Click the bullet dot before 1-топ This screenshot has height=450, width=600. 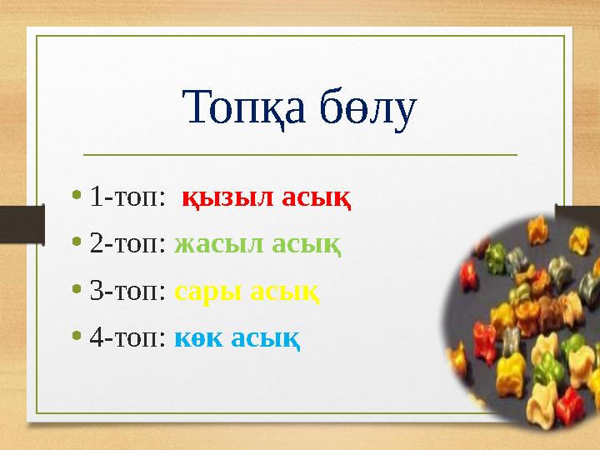pos(77,198)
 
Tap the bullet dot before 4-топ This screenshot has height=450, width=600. pos(77,338)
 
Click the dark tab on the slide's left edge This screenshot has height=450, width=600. pos(22,225)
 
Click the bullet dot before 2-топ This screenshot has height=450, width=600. pos(77,245)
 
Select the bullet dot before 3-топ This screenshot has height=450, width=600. pos(77,292)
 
